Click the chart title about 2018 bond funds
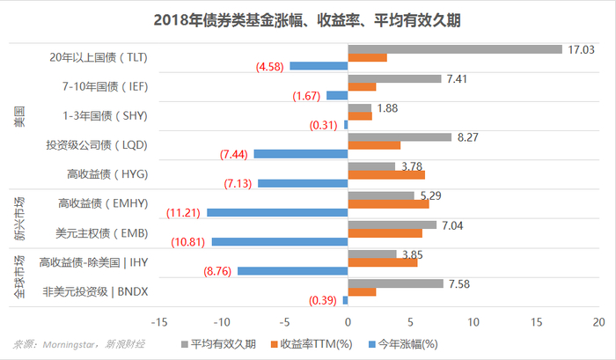click(308, 18)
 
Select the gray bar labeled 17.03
click(455, 49)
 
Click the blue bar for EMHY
click(277, 212)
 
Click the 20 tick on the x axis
click(600, 321)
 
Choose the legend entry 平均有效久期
click(218, 343)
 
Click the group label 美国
click(20, 115)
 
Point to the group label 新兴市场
click(20, 217)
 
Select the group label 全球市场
click(20, 276)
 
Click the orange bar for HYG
click(375, 174)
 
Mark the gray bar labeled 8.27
click(400, 136)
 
